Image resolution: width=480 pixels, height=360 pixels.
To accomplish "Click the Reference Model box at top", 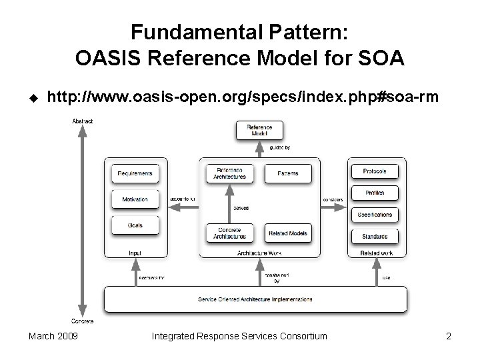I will pyautogui.click(x=259, y=130).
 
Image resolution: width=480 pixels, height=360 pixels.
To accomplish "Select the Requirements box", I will pyautogui.click(x=135, y=173).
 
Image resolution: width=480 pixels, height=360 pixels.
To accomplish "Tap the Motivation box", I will pyautogui.click(x=135, y=199).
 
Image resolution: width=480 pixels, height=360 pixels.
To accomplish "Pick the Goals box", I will pyautogui.click(x=135, y=225).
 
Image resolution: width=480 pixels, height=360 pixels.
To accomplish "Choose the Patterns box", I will pyautogui.click(x=288, y=173).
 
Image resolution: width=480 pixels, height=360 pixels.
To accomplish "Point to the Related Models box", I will pyautogui.click(x=288, y=233).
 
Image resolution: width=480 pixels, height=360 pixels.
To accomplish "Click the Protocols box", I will pyautogui.click(x=374, y=171).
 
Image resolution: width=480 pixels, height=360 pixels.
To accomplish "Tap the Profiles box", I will pyautogui.click(x=374, y=193).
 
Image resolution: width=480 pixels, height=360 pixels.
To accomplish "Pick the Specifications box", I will pyautogui.click(x=374, y=215).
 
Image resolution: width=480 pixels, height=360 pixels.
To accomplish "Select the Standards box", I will pyautogui.click(x=374, y=236).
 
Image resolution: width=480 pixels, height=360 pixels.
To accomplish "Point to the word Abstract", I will pyautogui.click(x=82, y=121).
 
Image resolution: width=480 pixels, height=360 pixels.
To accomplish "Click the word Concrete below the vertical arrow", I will pyautogui.click(x=82, y=321).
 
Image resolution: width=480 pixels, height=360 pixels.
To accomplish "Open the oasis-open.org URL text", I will pyautogui.click(x=243, y=98).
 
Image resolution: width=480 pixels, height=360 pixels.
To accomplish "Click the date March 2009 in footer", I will pyautogui.click(x=53, y=336).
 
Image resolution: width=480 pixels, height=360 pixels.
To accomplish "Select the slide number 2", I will pyautogui.click(x=449, y=336).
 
